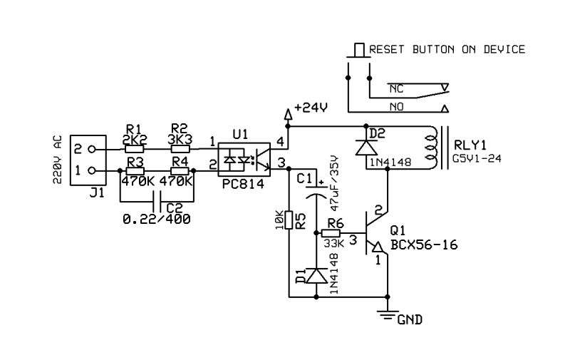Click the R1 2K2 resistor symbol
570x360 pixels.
pos(135,150)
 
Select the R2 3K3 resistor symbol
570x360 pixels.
pos(180,150)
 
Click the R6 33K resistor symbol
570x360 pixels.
pos(331,233)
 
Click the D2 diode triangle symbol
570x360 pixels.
pos(366,147)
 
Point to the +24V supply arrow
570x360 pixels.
pos(289,113)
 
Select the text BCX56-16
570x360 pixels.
pos(423,245)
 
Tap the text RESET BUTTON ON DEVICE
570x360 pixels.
pos(447,49)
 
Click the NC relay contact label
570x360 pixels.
pos(396,88)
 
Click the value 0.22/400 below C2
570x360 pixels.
pos(157,220)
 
